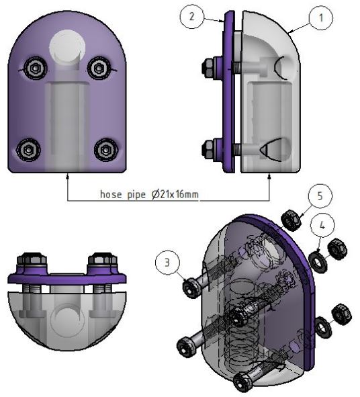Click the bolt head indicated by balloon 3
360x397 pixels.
(190, 288)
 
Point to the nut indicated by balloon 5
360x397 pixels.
(291, 218)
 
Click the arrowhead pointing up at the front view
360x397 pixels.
(68, 177)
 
